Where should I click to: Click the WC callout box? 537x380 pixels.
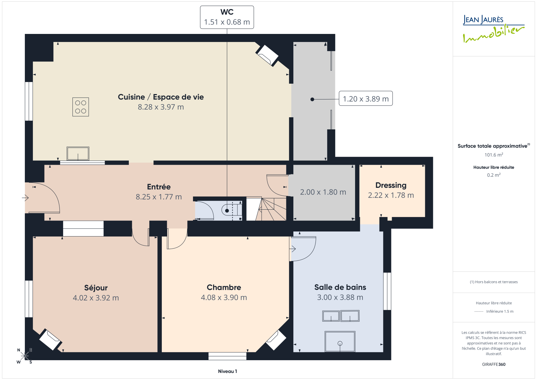(x=227, y=17)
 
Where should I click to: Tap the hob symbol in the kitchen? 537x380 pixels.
(x=81, y=107)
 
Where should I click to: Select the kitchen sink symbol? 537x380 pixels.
(x=78, y=154)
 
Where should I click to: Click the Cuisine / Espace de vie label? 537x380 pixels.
(x=161, y=97)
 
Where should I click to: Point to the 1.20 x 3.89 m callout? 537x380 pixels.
(x=365, y=98)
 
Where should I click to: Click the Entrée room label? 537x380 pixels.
(x=159, y=187)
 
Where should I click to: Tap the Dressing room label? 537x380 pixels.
(x=391, y=185)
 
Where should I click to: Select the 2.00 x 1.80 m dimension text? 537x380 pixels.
(x=323, y=192)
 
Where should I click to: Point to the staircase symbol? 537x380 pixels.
(x=266, y=209)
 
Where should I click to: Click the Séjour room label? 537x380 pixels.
(x=96, y=288)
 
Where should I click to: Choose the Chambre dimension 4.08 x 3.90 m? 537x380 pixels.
(x=224, y=297)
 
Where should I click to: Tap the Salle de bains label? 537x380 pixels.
(x=340, y=287)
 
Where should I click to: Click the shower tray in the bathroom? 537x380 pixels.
(x=340, y=342)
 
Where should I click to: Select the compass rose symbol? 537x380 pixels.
(x=25, y=355)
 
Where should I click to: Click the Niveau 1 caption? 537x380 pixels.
(x=227, y=371)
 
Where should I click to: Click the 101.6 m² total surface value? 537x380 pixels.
(x=494, y=155)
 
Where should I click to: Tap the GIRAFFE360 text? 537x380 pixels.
(x=494, y=365)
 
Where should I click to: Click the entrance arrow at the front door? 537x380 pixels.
(x=25, y=198)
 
